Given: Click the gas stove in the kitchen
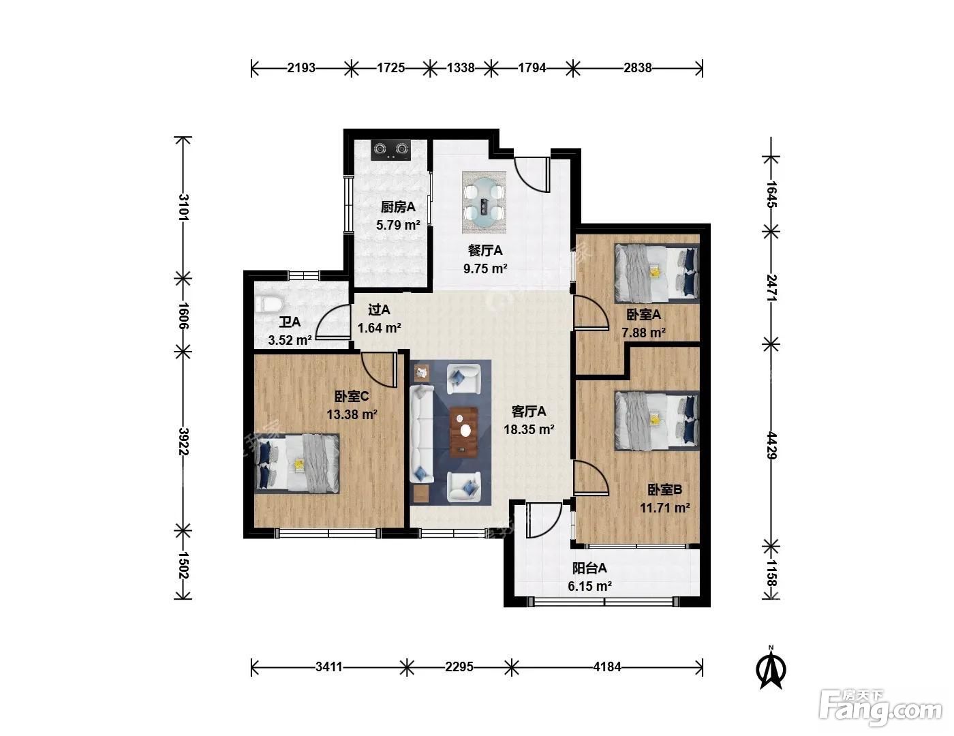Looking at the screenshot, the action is pos(390,150).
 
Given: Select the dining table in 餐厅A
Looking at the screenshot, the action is pos(484,202).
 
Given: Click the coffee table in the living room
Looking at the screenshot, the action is pos(463,432).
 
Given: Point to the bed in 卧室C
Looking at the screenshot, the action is pos(297,463).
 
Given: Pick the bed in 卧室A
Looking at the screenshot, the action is pos(656,273).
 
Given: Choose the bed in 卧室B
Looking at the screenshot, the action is pos(656,420).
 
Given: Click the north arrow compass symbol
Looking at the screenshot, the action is pos(771,668).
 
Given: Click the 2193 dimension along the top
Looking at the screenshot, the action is pos(301,67).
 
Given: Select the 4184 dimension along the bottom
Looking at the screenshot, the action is pos(607,667).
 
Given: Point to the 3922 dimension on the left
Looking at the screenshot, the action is pos(183,442).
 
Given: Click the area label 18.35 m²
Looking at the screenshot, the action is pos(529,429).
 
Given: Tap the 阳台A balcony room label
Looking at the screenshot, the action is pos(589,568).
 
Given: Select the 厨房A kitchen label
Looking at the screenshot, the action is pos(398,206).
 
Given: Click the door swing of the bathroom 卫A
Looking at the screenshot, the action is pos(333,321).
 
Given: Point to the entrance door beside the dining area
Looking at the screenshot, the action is pos(533,174).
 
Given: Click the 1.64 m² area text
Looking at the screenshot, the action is pos(380,328).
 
